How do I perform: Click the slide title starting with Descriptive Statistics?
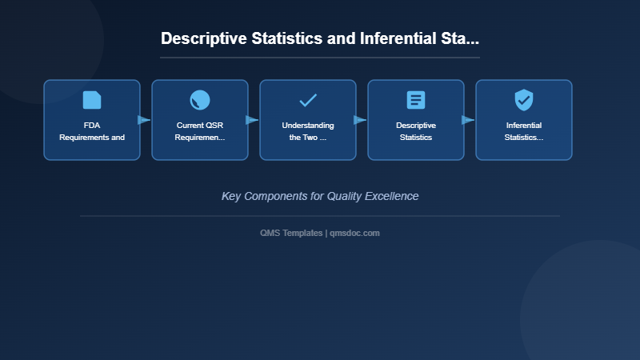[320, 38]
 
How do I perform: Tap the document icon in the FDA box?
[92, 100]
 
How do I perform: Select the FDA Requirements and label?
[92, 131]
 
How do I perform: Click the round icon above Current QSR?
[200, 100]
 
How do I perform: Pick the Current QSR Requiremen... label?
[200, 131]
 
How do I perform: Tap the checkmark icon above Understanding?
[308, 100]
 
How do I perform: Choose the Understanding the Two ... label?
[308, 131]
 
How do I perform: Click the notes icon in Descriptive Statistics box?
[416, 100]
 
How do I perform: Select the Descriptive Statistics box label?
[416, 131]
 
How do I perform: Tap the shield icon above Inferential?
[524, 100]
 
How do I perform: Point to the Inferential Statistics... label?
[524, 131]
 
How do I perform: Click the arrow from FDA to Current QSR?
[144, 120]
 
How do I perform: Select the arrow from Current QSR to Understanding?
[252, 120]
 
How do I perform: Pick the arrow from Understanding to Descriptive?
[360, 120]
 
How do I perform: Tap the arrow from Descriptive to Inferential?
[468, 120]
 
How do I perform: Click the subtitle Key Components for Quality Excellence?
[320, 196]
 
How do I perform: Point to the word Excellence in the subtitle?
[392, 196]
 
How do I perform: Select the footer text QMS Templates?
[291, 233]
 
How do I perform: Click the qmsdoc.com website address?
[354, 233]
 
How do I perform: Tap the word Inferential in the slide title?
[397, 38]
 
